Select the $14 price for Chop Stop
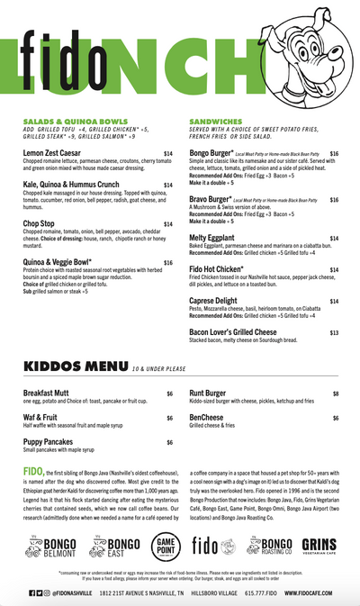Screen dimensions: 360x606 pos(168,224)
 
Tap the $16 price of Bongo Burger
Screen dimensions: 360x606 pos(334,154)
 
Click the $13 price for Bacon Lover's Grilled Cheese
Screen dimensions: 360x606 pos(334,332)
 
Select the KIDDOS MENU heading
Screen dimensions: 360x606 pos(75,368)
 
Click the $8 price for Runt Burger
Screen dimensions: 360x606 pos(336,393)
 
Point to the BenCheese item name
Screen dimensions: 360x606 pos(210,418)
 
